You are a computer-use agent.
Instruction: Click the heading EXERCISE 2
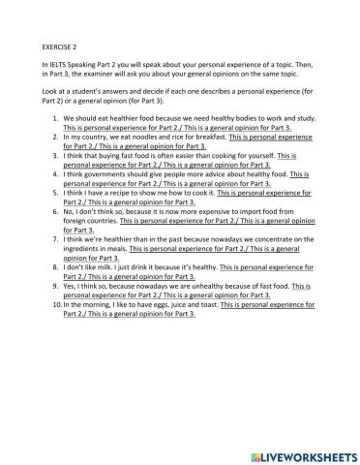coord(61,45)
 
